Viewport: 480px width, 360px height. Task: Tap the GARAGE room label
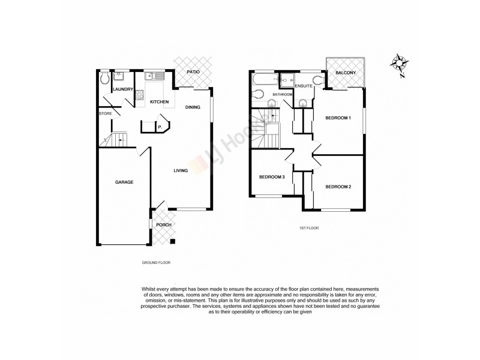pyautogui.click(x=124, y=182)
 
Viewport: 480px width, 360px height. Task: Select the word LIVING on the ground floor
pyautogui.click(x=181, y=170)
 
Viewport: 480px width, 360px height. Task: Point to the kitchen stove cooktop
pyautogui.click(x=139, y=94)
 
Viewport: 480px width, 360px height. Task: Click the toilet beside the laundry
pyautogui.click(x=104, y=77)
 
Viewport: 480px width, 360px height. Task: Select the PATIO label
pyautogui.click(x=193, y=72)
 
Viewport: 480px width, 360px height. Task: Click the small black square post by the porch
pyautogui.click(x=173, y=242)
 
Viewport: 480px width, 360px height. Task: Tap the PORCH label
pyautogui.click(x=164, y=225)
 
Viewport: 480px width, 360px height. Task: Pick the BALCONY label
pyautogui.click(x=346, y=73)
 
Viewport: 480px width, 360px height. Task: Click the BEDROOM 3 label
pyautogui.click(x=271, y=177)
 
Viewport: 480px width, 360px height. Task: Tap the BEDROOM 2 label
pyautogui.click(x=338, y=187)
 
